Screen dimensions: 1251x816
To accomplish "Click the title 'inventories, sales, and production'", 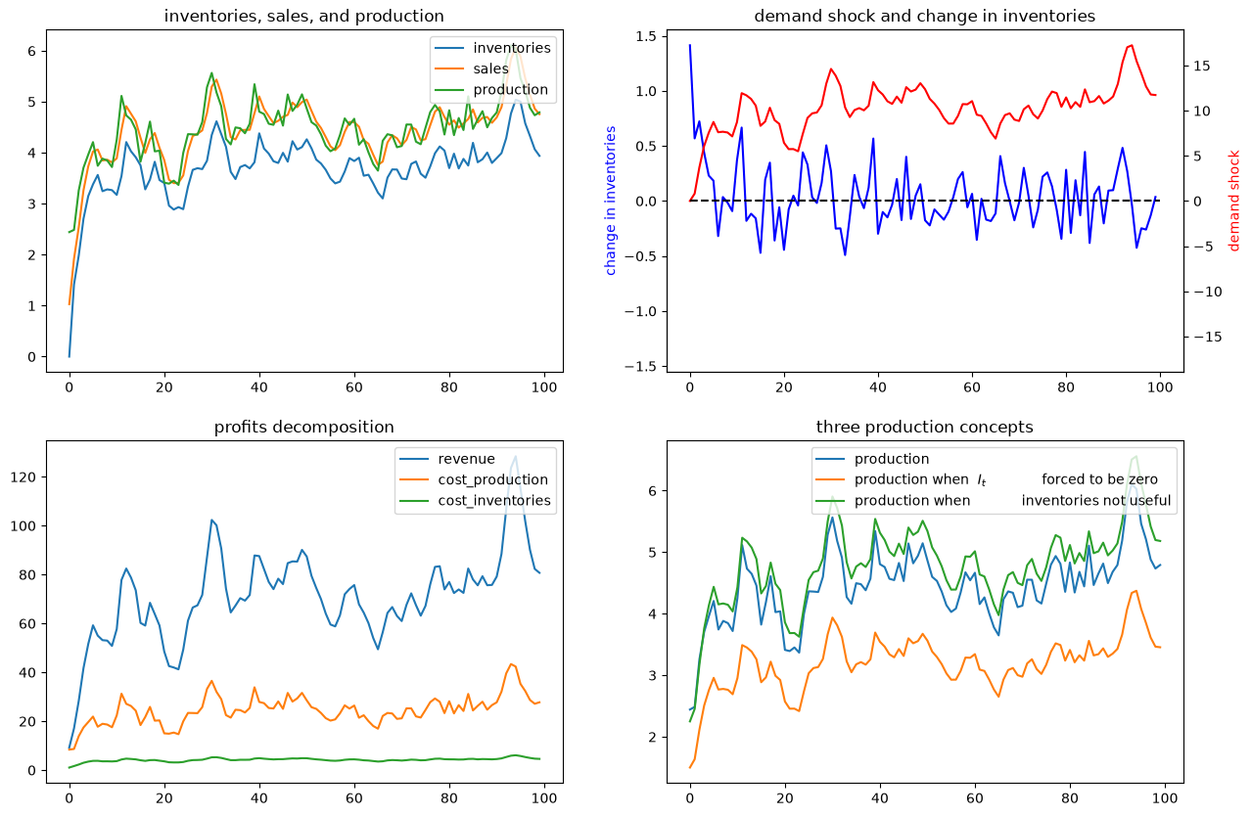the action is [303, 17].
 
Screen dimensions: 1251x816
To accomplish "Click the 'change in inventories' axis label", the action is [610, 201].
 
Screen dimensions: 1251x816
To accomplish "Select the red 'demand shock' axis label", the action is [1233, 201].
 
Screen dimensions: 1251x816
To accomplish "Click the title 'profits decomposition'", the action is [303, 427].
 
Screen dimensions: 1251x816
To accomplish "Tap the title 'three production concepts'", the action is [924, 427].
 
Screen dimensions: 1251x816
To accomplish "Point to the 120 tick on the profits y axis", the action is [23, 477].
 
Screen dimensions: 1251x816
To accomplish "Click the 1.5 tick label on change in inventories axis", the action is [648, 37].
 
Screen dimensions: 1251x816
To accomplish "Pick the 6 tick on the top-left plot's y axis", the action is [32, 51].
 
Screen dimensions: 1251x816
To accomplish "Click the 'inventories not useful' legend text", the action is [1095, 501].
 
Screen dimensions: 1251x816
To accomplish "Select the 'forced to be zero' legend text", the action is [1099, 479].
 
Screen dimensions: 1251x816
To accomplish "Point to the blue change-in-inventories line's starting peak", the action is [690, 45].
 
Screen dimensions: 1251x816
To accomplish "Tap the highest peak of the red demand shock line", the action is [1132, 45].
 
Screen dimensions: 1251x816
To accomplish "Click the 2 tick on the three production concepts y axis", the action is [652, 738].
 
